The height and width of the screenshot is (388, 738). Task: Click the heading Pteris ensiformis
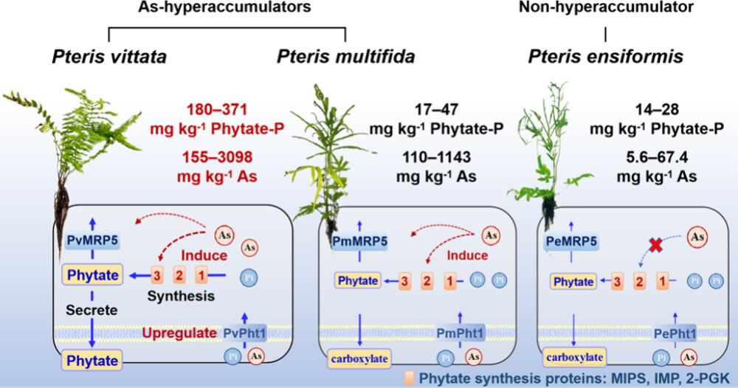point(606,58)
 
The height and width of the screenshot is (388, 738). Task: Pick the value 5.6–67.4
point(656,157)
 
